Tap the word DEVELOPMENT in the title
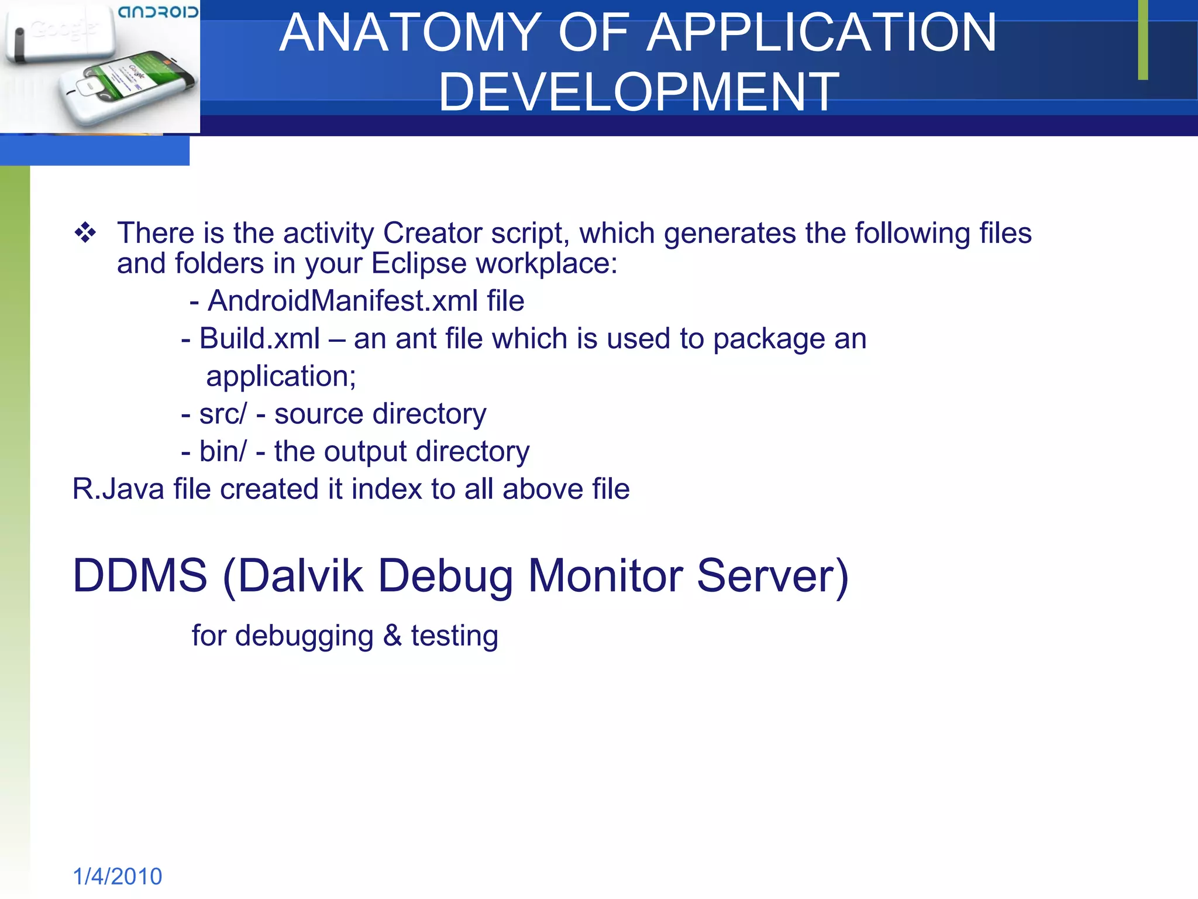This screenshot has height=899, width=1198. pyautogui.click(x=639, y=92)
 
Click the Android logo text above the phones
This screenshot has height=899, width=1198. pyautogui.click(x=158, y=12)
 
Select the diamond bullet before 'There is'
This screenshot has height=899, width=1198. pyautogui.click(x=85, y=233)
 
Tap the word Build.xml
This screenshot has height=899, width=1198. pyautogui.click(x=259, y=339)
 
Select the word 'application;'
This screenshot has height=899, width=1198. pyautogui.click(x=281, y=376)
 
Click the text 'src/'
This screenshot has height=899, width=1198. pyautogui.click(x=223, y=414)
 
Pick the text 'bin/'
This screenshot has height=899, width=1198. pyautogui.click(x=223, y=452)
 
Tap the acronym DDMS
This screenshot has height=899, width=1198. pyautogui.click(x=140, y=576)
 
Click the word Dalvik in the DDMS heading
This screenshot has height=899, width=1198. pyautogui.click(x=300, y=576)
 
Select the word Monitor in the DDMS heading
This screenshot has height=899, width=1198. pyautogui.click(x=605, y=576)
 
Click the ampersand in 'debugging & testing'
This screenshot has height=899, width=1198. pyautogui.click(x=392, y=636)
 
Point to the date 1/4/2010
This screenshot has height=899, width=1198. pyautogui.click(x=117, y=877)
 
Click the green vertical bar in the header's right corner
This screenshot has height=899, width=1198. pyautogui.click(x=1142, y=40)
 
